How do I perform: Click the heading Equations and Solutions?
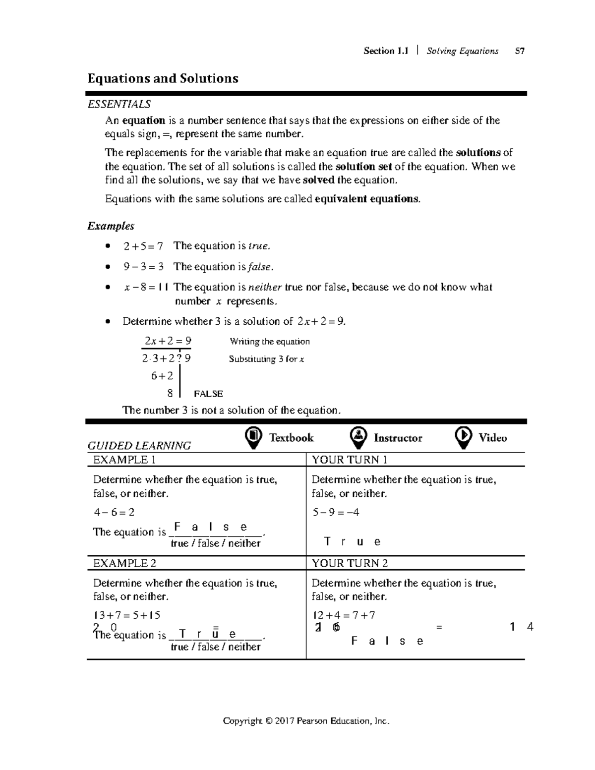click(x=163, y=78)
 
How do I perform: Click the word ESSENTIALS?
click(x=119, y=104)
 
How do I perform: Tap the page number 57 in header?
click(x=520, y=51)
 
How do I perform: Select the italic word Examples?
click(x=111, y=226)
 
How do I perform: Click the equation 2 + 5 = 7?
click(x=143, y=246)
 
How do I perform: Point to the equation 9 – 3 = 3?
click(x=143, y=267)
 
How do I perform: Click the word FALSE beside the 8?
click(x=208, y=394)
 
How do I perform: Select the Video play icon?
click(x=463, y=437)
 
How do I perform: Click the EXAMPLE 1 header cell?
click(x=124, y=460)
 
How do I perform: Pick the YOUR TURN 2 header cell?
click(x=350, y=563)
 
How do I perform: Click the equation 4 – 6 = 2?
click(x=114, y=512)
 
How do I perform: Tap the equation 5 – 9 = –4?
click(x=336, y=512)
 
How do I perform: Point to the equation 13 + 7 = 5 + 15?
click(x=127, y=615)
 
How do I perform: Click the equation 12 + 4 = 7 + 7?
click(x=343, y=615)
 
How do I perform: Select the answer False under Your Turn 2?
click(x=387, y=641)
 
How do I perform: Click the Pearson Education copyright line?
click(x=306, y=721)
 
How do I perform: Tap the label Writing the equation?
click(x=270, y=342)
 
